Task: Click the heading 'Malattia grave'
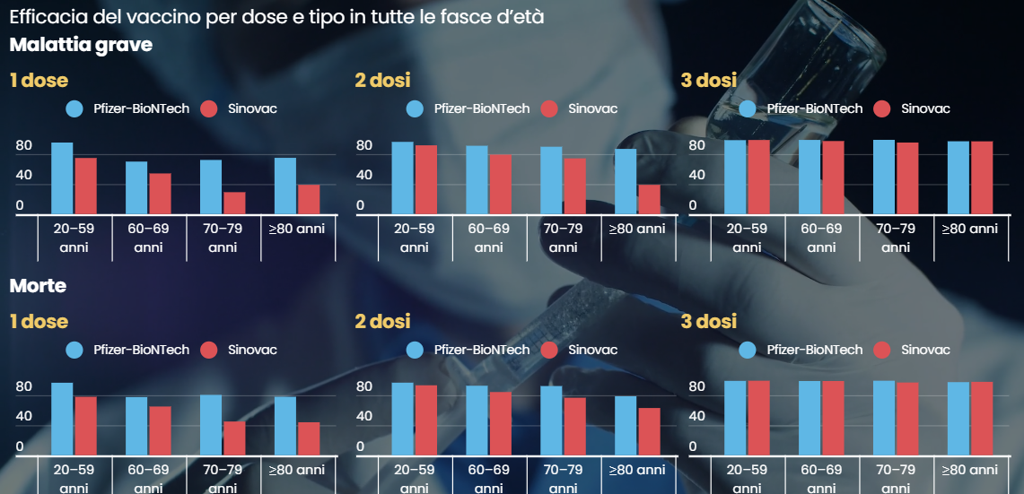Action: click(81, 45)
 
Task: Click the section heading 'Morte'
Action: click(38, 287)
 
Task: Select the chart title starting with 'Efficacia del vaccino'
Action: click(276, 17)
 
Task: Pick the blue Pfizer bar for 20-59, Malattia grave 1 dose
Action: click(62, 178)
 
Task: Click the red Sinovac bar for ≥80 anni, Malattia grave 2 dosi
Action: click(649, 199)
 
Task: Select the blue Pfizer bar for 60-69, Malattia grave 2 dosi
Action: click(477, 179)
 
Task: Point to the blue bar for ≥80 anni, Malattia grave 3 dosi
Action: click(958, 178)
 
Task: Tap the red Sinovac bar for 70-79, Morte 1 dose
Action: click(234, 438)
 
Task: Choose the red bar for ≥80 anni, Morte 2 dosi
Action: click(649, 431)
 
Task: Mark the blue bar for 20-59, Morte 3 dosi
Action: click(735, 418)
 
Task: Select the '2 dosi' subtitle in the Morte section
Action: click(382, 321)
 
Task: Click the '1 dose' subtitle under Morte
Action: click(39, 321)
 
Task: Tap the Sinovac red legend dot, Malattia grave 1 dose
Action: click(209, 108)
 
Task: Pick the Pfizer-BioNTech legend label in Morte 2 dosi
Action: click(482, 350)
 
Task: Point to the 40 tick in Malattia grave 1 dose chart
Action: click(24, 176)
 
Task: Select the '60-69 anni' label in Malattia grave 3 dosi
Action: click(821, 238)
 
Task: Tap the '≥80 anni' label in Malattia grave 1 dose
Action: click(297, 229)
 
